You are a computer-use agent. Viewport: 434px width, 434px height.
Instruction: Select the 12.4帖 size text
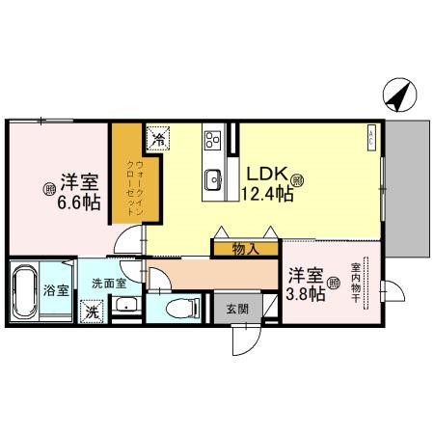pos(266,194)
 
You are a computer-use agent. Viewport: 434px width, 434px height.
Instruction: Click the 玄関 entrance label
pos(237,310)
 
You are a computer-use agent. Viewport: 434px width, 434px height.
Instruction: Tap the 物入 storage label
pos(246,250)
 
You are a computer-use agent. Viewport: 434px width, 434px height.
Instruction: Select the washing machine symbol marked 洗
pos(92,312)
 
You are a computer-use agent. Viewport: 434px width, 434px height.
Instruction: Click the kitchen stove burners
pos(211,143)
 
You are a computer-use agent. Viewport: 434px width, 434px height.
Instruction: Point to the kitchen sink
pos(212,179)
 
